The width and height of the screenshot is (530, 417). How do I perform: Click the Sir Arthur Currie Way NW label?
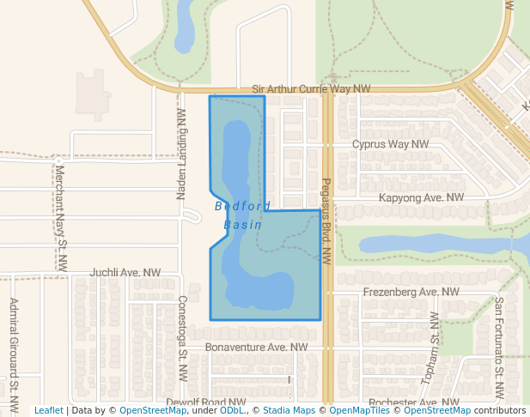[x=312, y=89]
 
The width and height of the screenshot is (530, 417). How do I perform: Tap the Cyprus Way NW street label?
[x=390, y=144]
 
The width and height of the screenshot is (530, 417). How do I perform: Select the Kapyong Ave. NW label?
[x=421, y=197]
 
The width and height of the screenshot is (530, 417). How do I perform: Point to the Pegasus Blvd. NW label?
[x=326, y=219]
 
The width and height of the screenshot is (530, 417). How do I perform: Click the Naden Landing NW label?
[x=181, y=154]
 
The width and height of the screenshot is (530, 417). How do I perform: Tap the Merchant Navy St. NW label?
[x=60, y=215]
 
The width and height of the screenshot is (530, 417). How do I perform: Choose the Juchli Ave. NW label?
[x=125, y=272]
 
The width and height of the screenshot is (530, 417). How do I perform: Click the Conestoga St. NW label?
[x=182, y=339]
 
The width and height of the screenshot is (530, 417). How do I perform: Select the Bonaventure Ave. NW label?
[x=256, y=347]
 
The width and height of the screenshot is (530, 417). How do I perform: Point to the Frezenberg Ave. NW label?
[x=411, y=292]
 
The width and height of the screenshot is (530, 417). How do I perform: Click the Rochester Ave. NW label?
[x=414, y=402]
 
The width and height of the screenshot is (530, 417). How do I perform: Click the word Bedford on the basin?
[x=242, y=206]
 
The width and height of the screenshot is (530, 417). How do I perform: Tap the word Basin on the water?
[x=242, y=225]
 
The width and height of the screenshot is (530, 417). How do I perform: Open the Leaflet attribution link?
[x=48, y=410]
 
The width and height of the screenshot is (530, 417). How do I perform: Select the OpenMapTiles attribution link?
[x=357, y=410]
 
